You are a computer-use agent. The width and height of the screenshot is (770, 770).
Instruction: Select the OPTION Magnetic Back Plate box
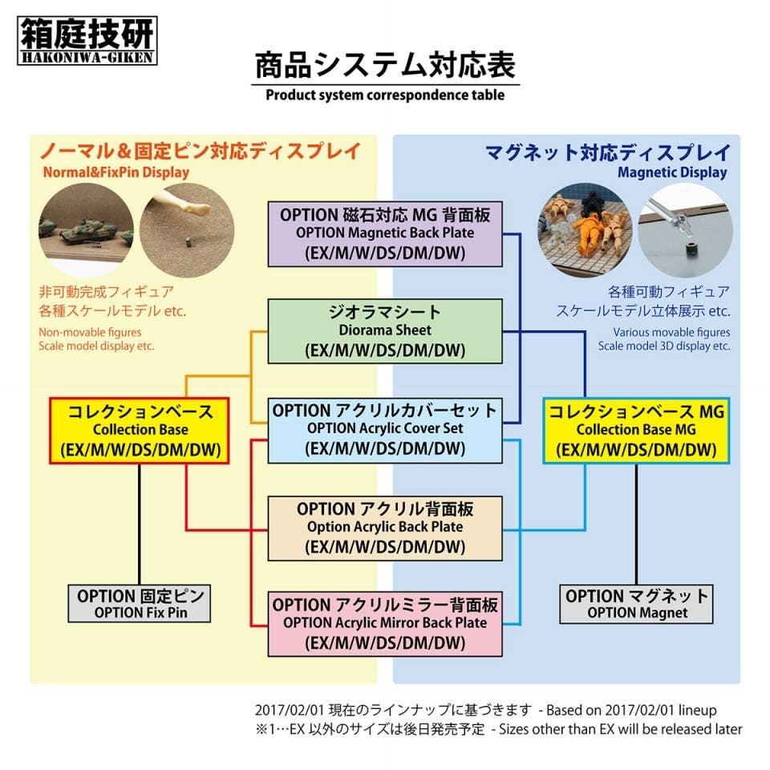coord(385,233)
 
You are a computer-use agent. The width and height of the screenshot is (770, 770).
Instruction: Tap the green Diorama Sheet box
coord(385,330)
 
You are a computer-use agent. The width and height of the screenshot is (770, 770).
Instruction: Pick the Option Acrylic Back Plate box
coord(385,528)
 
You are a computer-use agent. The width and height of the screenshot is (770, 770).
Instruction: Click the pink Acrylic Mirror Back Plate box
coord(385,622)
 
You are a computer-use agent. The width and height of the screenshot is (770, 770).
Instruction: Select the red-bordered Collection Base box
coord(140,430)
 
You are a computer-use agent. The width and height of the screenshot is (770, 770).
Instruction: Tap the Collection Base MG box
coord(635,430)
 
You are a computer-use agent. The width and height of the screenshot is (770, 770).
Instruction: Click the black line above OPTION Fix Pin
coord(140,524)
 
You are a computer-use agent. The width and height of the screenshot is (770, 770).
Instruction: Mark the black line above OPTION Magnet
coord(637,524)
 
